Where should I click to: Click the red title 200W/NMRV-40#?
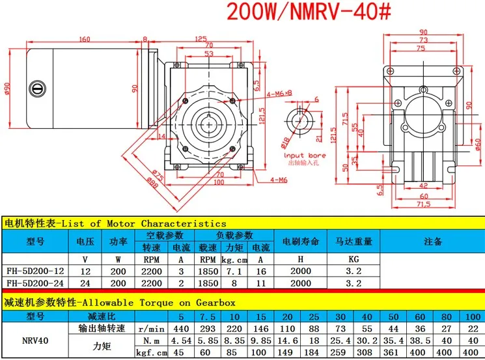tap(309, 12)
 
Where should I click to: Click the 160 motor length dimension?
tap(85, 39)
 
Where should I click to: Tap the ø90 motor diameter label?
tap(7, 89)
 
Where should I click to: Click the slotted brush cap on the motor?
tap(37, 89)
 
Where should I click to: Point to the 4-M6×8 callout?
tap(279, 93)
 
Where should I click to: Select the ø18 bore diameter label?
tap(286, 143)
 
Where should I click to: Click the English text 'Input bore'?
tap(305, 155)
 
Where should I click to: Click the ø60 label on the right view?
tap(478, 145)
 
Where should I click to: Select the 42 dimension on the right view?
tap(423, 186)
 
